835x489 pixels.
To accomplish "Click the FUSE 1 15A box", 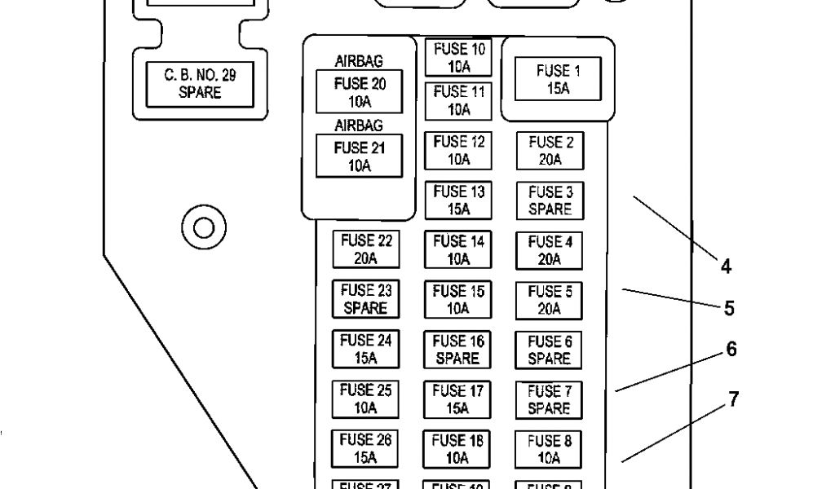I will coord(559,79).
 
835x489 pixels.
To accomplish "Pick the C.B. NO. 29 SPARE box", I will coord(199,84).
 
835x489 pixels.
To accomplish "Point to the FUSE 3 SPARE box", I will coord(550,200).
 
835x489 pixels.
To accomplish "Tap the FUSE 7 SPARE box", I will coord(550,399).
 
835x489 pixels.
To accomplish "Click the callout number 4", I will coord(725,266).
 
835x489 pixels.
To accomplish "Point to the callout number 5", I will coord(729,309).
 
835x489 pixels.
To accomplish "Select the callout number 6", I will coord(731,349).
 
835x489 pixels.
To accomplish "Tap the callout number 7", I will coord(734,400).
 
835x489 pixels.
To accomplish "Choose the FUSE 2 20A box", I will coord(550,151).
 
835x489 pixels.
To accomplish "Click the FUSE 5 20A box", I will coord(550,300).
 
